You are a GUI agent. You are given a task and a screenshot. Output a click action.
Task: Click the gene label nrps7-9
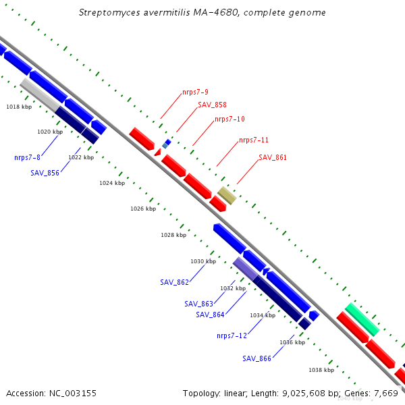(x=195, y=92)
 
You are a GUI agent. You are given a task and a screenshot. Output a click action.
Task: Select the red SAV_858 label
(x=212, y=105)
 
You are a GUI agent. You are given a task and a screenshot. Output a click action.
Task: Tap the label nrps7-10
(x=230, y=119)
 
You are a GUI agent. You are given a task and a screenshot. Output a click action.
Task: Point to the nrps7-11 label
(x=254, y=140)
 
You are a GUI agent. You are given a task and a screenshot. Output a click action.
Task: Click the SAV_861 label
(x=273, y=157)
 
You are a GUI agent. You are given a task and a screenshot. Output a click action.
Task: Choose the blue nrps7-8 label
(x=28, y=157)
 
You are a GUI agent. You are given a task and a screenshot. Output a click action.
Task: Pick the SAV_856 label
(x=45, y=173)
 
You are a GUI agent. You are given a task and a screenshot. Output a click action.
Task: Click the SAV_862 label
(x=175, y=282)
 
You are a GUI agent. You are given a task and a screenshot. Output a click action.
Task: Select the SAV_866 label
(x=256, y=358)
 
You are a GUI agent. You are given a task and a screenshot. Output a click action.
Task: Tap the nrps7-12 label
(x=232, y=335)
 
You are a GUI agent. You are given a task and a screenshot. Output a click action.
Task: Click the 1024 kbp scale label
(x=112, y=183)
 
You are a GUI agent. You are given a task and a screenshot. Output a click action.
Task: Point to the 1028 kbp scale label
(x=173, y=235)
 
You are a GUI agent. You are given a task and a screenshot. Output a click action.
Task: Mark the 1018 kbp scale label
(x=19, y=107)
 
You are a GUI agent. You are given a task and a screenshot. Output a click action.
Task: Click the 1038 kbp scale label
(x=321, y=370)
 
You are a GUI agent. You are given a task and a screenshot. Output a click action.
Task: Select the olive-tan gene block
(x=227, y=196)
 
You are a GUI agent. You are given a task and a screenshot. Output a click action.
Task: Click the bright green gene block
(x=362, y=319)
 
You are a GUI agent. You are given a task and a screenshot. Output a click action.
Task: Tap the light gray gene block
(x=40, y=95)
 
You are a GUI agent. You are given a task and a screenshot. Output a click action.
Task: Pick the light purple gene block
(x=246, y=269)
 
